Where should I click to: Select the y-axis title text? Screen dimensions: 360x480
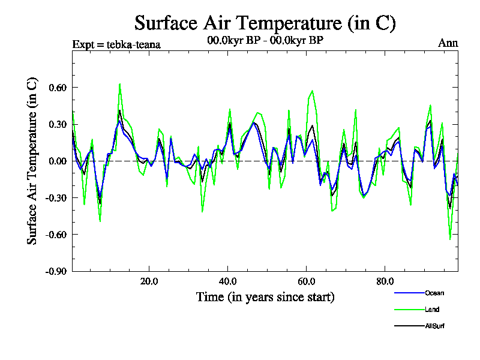32,160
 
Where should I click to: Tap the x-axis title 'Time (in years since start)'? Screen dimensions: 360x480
265,297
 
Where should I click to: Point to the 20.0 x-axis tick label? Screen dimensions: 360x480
148,281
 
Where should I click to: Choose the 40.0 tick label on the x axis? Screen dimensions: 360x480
227,281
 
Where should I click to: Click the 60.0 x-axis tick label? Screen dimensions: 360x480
306,281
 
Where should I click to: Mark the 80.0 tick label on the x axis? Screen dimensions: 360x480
385,281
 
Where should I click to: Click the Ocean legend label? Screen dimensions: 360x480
434,293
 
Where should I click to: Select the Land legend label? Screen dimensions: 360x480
432,310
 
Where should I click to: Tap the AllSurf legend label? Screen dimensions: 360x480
435,326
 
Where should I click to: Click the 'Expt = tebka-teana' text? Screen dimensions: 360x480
116,44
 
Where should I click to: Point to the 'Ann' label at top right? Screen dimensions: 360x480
448,44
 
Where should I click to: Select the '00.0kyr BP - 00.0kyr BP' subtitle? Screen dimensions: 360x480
265,41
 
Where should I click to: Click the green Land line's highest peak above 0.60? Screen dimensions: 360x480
120,84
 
